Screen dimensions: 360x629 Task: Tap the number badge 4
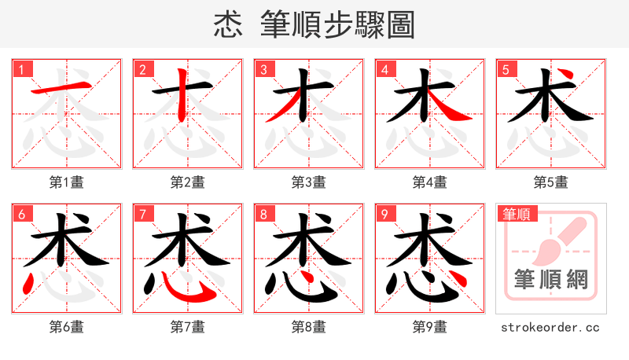(x=384, y=70)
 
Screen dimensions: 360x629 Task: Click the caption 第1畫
(x=67, y=182)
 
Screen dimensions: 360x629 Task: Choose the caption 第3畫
(x=309, y=182)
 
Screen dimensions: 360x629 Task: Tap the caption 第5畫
(x=551, y=182)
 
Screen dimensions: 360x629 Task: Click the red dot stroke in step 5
(x=572, y=78)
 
